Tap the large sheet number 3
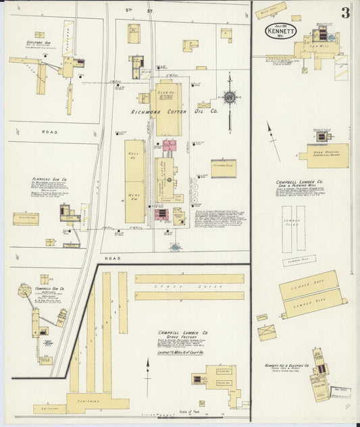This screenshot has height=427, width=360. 345,13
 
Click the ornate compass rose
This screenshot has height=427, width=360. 230,97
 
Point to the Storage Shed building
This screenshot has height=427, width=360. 224,168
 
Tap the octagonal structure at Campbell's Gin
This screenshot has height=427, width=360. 25,292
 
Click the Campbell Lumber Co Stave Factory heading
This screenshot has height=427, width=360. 183,336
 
